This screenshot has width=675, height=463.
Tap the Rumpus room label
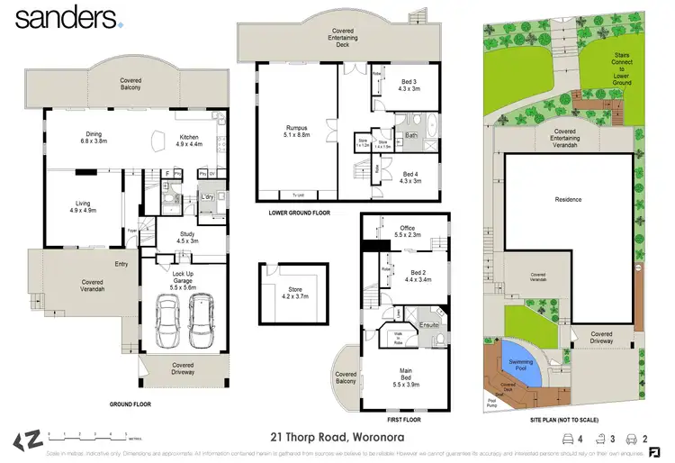pyautogui.click(x=296, y=132)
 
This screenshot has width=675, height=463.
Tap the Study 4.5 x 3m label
pyautogui.click(x=186, y=238)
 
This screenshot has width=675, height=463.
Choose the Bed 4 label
pyautogui.click(x=410, y=177)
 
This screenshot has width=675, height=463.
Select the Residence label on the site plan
pyautogui.click(x=567, y=199)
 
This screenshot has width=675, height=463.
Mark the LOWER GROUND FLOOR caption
pyautogui.click(x=300, y=213)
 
